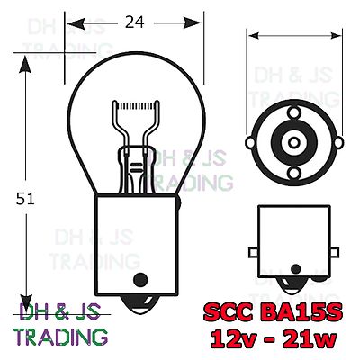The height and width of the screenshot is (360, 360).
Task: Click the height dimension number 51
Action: pos(25,200)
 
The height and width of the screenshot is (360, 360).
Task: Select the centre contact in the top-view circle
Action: pos(292,139)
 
